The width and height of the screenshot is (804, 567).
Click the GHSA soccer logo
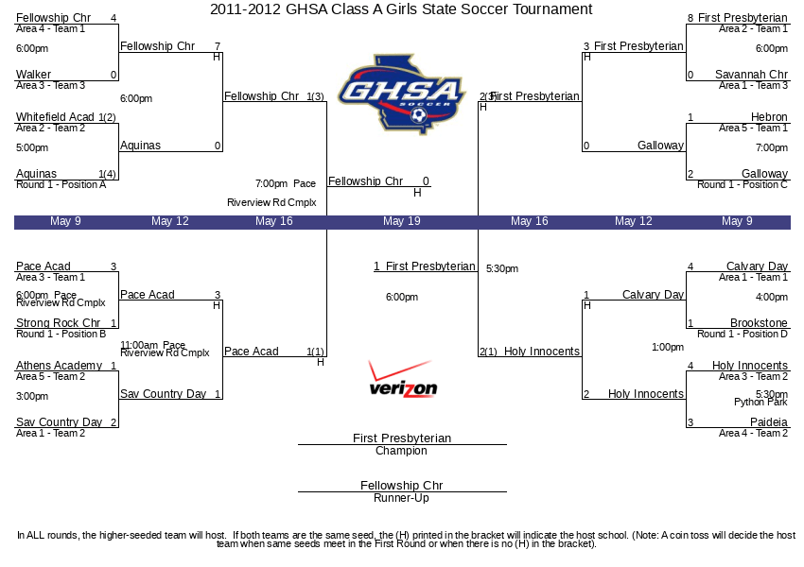pyautogui.click(x=402, y=95)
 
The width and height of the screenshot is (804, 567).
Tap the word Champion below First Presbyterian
pyautogui.click(x=401, y=451)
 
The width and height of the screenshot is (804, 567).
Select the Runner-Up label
pyautogui.click(x=401, y=498)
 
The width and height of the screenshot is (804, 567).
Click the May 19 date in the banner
pyautogui.click(x=401, y=221)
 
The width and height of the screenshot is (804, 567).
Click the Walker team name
pyautogui.click(x=33, y=75)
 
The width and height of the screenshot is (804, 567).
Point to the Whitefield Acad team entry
pyautogui.click(x=55, y=117)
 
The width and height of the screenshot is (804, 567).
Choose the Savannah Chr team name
pyautogui.click(x=751, y=75)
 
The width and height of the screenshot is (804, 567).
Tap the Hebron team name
pyautogui.click(x=769, y=117)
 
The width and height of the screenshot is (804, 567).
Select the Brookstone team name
pyautogui.click(x=759, y=323)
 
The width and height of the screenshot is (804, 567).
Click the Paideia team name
pyautogui.click(x=768, y=422)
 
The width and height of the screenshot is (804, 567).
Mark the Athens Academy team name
pyautogui.click(x=59, y=366)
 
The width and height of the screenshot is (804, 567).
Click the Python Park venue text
pyautogui.click(x=760, y=403)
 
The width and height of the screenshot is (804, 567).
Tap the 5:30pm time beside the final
pyautogui.click(x=502, y=268)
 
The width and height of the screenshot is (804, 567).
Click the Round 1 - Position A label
pyautogui.click(x=61, y=185)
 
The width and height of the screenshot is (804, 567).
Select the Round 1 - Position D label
pyautogui.click(x=743, y=334)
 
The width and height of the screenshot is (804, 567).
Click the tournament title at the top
pyautogui.click(x=401, y=9)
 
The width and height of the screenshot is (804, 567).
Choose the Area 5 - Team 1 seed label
pyautogui.click(x=753, y=129)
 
